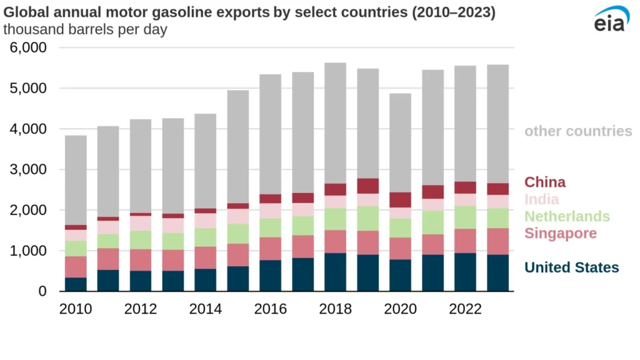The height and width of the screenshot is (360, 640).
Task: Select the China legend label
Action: [x=545, y=182]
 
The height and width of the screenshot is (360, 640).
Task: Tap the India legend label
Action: [x=542, y=199]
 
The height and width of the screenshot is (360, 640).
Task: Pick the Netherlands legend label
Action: [x=567, y=216]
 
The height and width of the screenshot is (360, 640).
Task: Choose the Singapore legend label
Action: [x=561, y=233]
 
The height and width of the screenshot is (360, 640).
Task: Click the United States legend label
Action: [x=571, y=267]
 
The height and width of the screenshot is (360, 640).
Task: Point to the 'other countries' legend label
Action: [x=578, y=131]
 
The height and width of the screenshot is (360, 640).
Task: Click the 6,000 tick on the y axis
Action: [x=27, y=48]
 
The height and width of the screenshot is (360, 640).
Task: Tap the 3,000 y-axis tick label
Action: [x=27, y=170]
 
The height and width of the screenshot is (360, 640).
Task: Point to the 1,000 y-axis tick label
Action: [x=27, y=251]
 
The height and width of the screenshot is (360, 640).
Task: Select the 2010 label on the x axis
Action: [x=76, y=309]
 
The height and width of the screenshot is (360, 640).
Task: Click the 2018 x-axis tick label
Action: [x=336, y=309]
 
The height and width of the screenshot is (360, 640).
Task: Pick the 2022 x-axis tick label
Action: [x=466, y=309]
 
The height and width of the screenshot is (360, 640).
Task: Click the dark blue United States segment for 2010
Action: [x=76, y=284]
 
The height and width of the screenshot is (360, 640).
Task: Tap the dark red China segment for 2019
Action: [x=368, y=186]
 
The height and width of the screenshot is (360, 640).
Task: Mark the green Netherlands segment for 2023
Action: [x=498, y=218]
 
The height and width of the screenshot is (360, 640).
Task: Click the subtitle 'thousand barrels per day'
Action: [x=86, y=29]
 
